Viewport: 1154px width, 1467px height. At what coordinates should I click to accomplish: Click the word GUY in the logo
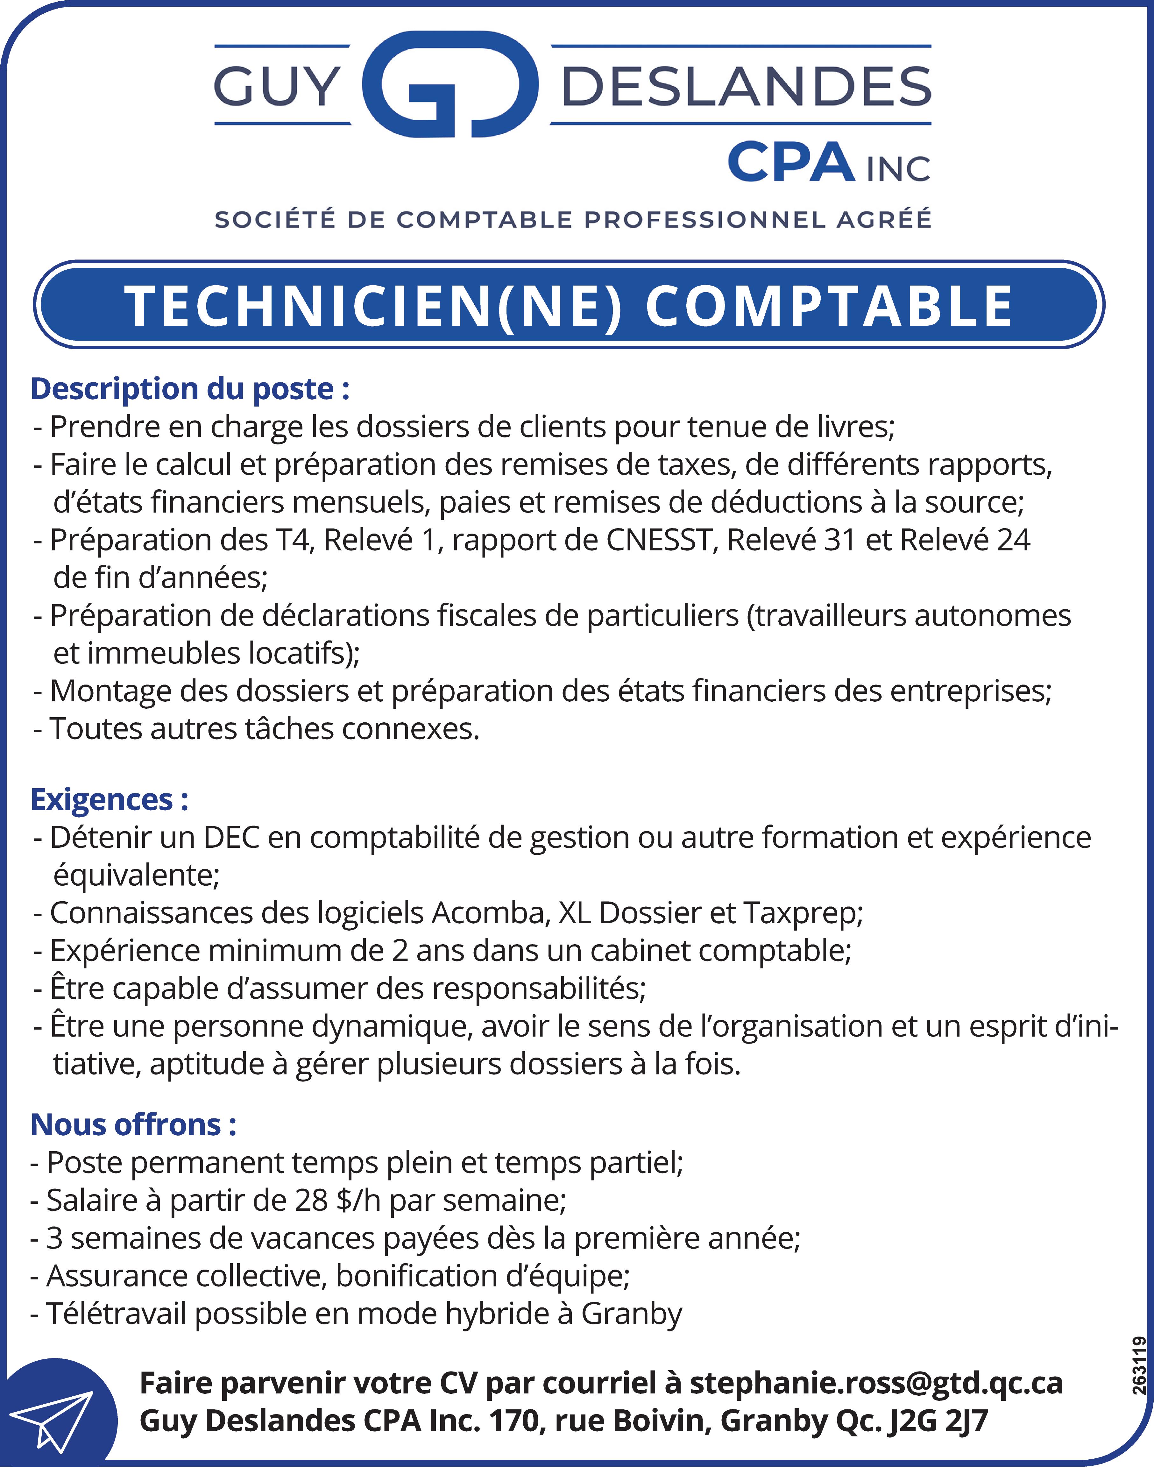point(277,87)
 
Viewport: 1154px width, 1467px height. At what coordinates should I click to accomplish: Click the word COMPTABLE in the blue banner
point(829,306)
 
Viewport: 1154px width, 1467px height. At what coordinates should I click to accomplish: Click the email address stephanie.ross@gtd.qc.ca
point(876,1383)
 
